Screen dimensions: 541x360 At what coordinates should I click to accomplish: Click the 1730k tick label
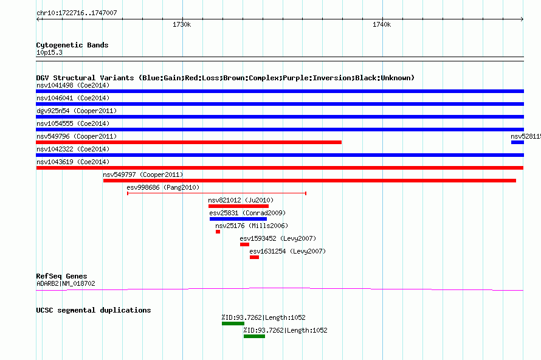coord(182,24)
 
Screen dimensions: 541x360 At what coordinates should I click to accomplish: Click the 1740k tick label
coord(382,24)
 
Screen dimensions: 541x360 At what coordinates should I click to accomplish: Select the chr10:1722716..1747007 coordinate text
coord(77,13)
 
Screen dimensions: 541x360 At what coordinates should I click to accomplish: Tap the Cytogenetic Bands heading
coord(72,45)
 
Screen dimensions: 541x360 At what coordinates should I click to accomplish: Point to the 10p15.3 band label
coord(49,52)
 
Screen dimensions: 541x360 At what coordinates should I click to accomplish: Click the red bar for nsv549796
coord(188,142)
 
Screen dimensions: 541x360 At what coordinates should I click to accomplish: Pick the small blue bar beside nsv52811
coord(517,142)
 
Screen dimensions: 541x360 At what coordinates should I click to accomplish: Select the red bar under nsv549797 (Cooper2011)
coord(309,181)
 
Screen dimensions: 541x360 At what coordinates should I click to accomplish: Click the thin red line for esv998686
coord(216,193)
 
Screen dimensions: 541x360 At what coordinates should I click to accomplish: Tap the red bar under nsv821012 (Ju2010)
coord(238,206)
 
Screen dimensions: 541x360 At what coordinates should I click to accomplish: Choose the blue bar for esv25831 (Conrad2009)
coord(238,219)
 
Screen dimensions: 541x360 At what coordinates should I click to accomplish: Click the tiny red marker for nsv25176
coord(218,232)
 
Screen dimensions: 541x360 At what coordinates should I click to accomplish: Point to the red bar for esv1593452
coord(244,244)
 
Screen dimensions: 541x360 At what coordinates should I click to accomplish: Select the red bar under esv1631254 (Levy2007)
coord(254,257)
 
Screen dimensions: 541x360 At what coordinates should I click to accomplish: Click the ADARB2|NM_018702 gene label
coord(66,283)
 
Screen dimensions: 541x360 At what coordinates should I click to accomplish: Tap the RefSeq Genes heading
coord(61,276)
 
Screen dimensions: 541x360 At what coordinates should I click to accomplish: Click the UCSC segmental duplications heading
coord(94,310)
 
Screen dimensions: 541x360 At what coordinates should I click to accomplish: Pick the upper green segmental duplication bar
coord(233,324)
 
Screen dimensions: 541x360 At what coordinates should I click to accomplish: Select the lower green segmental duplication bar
coord(254,336)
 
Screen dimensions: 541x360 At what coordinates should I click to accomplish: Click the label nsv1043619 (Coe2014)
coord(73,162)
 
